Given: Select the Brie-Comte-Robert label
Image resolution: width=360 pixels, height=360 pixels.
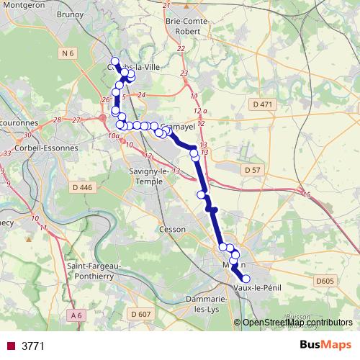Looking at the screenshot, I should (x=187, y=26).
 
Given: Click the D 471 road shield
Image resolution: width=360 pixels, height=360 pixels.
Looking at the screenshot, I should (x=264, y=105).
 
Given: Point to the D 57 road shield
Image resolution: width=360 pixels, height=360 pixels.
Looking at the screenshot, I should (x=251, y=170).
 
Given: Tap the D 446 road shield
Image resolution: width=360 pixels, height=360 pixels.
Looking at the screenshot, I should (x=84, y=188).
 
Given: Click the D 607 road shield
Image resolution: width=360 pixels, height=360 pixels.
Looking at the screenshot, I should (x=141, y=314).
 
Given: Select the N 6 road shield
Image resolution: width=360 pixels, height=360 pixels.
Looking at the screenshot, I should (x=68, y=53).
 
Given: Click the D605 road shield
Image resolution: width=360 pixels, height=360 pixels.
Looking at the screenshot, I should (x=326, y=280).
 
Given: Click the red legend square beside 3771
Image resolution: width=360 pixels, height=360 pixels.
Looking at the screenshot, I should (x=11, y=346).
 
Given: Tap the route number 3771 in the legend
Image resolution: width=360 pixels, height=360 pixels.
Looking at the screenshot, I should (x=34, y=346).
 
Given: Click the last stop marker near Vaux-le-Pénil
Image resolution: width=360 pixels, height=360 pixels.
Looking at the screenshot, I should (x=246, y=279).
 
